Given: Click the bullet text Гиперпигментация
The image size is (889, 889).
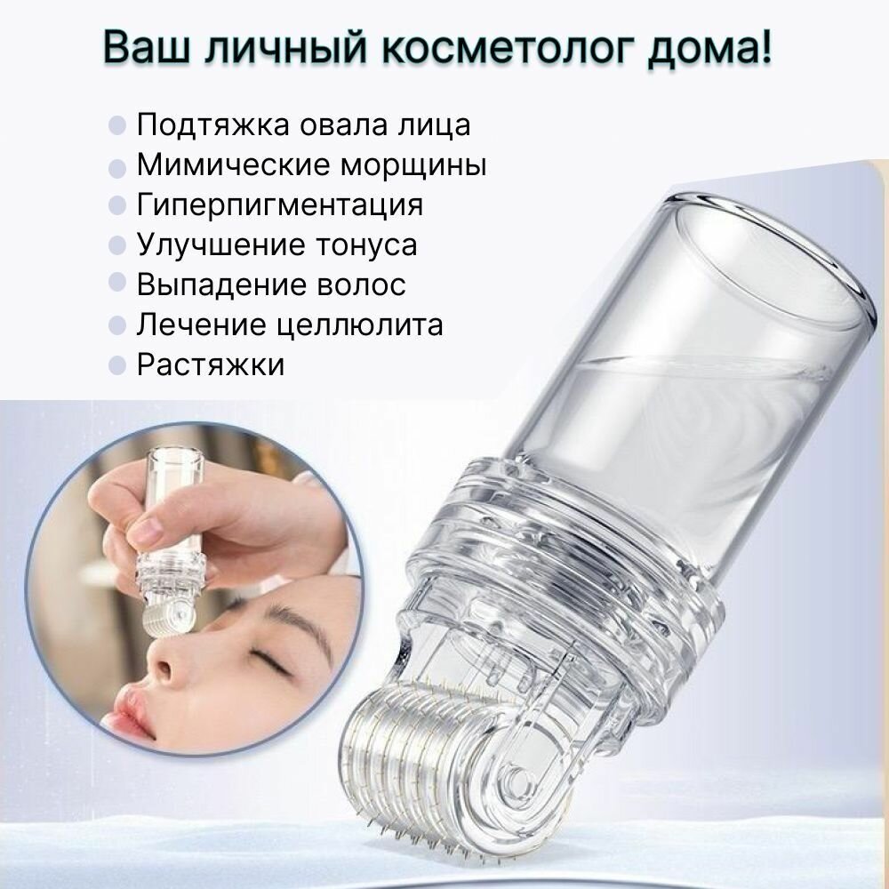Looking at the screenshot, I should click(280, 205).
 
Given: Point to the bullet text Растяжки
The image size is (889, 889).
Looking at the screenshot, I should click(211, 365).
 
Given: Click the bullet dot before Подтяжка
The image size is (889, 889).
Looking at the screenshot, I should click(116, 125).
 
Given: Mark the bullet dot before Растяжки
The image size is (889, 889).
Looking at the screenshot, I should click(116, 365).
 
